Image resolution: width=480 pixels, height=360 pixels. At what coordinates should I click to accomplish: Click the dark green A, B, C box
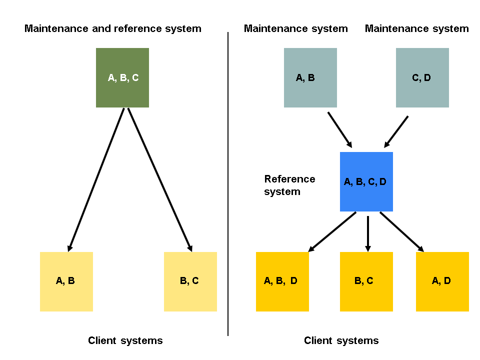pos(122,77)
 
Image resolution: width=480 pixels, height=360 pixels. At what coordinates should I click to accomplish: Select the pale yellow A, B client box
pos(66,281)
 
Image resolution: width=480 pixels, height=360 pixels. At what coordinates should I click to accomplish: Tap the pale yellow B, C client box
pos(190,281)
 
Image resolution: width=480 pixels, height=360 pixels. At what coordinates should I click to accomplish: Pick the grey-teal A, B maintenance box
pos(310,77)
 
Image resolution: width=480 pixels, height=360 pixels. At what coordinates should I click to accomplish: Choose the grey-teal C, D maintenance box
pos(422,77)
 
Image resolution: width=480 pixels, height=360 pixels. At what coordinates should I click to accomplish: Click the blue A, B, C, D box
pos(366,181)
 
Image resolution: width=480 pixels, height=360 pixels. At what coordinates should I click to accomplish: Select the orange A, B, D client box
pos(282,281)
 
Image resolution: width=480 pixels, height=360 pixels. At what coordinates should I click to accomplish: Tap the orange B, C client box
pos(366,281)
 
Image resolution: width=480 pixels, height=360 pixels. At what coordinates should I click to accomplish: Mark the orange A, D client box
pos(442,281)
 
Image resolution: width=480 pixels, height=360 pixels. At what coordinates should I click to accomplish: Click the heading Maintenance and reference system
pos(113,28)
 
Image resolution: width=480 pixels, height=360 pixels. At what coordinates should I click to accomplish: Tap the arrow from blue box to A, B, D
pos(332,231)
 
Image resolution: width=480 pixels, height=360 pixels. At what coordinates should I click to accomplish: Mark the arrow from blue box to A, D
pos(401,231)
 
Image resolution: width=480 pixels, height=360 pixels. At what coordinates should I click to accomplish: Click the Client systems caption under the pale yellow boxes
pos(125,341)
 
